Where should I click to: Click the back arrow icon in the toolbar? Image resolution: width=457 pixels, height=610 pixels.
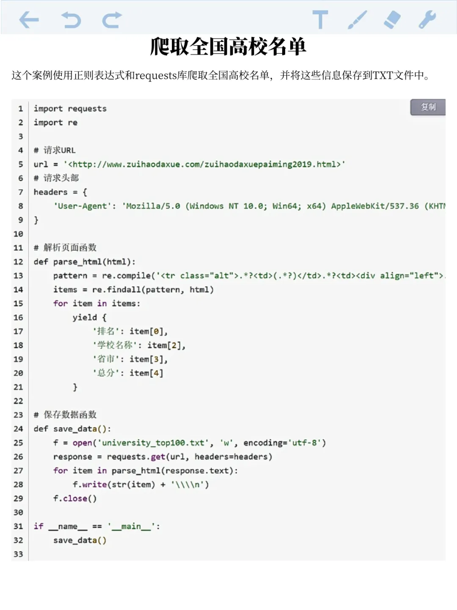[29, 20]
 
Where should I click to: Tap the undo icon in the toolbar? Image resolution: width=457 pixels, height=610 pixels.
[71, 20]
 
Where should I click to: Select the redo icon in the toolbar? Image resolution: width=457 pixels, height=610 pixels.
[112, 20]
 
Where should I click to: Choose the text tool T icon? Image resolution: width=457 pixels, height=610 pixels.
[320, 19]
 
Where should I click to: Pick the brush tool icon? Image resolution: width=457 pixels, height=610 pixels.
[357, 19]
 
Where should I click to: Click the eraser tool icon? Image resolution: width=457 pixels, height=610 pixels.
[392, 19]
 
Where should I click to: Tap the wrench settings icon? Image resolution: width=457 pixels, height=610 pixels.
[427, 19]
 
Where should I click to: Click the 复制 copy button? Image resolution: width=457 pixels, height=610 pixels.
[428, 107]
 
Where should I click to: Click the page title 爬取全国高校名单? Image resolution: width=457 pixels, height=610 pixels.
[228, 47]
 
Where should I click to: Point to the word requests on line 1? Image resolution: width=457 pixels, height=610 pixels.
[87, 109]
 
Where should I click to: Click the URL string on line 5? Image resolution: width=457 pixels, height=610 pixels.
[204, 164]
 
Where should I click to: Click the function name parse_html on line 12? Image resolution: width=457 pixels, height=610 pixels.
[77, 262]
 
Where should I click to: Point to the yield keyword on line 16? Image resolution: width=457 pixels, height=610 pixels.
[85, 317]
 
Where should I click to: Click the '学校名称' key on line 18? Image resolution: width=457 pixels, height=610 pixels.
[115, 345]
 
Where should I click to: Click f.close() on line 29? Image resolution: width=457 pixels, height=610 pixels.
[75, 498]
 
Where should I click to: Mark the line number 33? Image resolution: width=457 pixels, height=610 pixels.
[18, 554]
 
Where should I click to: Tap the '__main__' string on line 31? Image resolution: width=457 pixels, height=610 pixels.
[131, 526]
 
